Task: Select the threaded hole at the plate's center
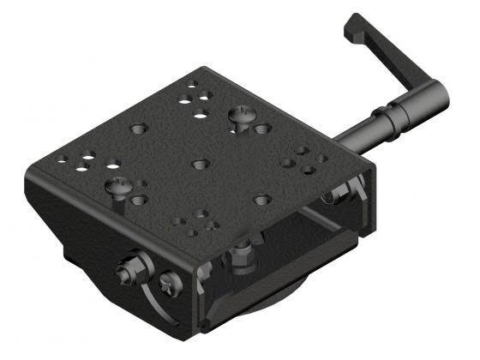pos(200,162)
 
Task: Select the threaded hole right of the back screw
pos(263,129)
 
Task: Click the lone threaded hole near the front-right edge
pos(263,200)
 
